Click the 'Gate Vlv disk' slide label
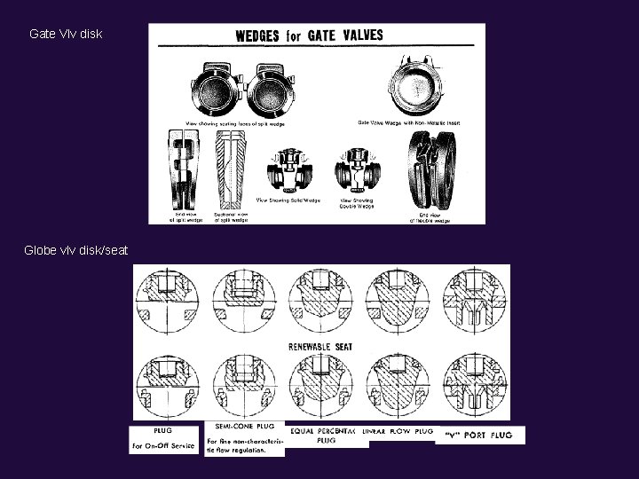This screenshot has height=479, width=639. coord(66,34)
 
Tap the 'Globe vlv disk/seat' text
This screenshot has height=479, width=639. coord(76,251)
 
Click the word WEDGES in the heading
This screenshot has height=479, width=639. coord(256,36)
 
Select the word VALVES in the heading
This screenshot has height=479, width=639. coord(354,35)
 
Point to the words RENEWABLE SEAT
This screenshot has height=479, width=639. coord(320,347)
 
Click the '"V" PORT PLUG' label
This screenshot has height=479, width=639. coord(480,434)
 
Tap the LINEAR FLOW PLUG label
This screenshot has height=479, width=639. coord(400,431)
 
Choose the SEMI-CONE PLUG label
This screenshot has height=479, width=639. coord(245,427)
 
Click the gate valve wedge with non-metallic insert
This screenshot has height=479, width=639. coord(415,90)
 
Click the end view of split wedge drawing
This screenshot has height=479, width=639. coord(185,169)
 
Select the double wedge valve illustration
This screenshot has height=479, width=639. coord(357,169)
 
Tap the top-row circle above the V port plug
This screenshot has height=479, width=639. coord(480,301)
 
